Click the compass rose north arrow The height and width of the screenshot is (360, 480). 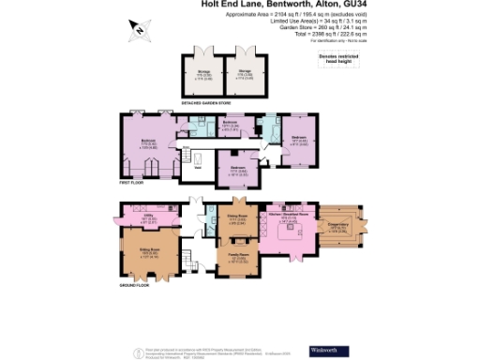(x=139, y=30)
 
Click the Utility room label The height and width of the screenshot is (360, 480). (x=146, y=218)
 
